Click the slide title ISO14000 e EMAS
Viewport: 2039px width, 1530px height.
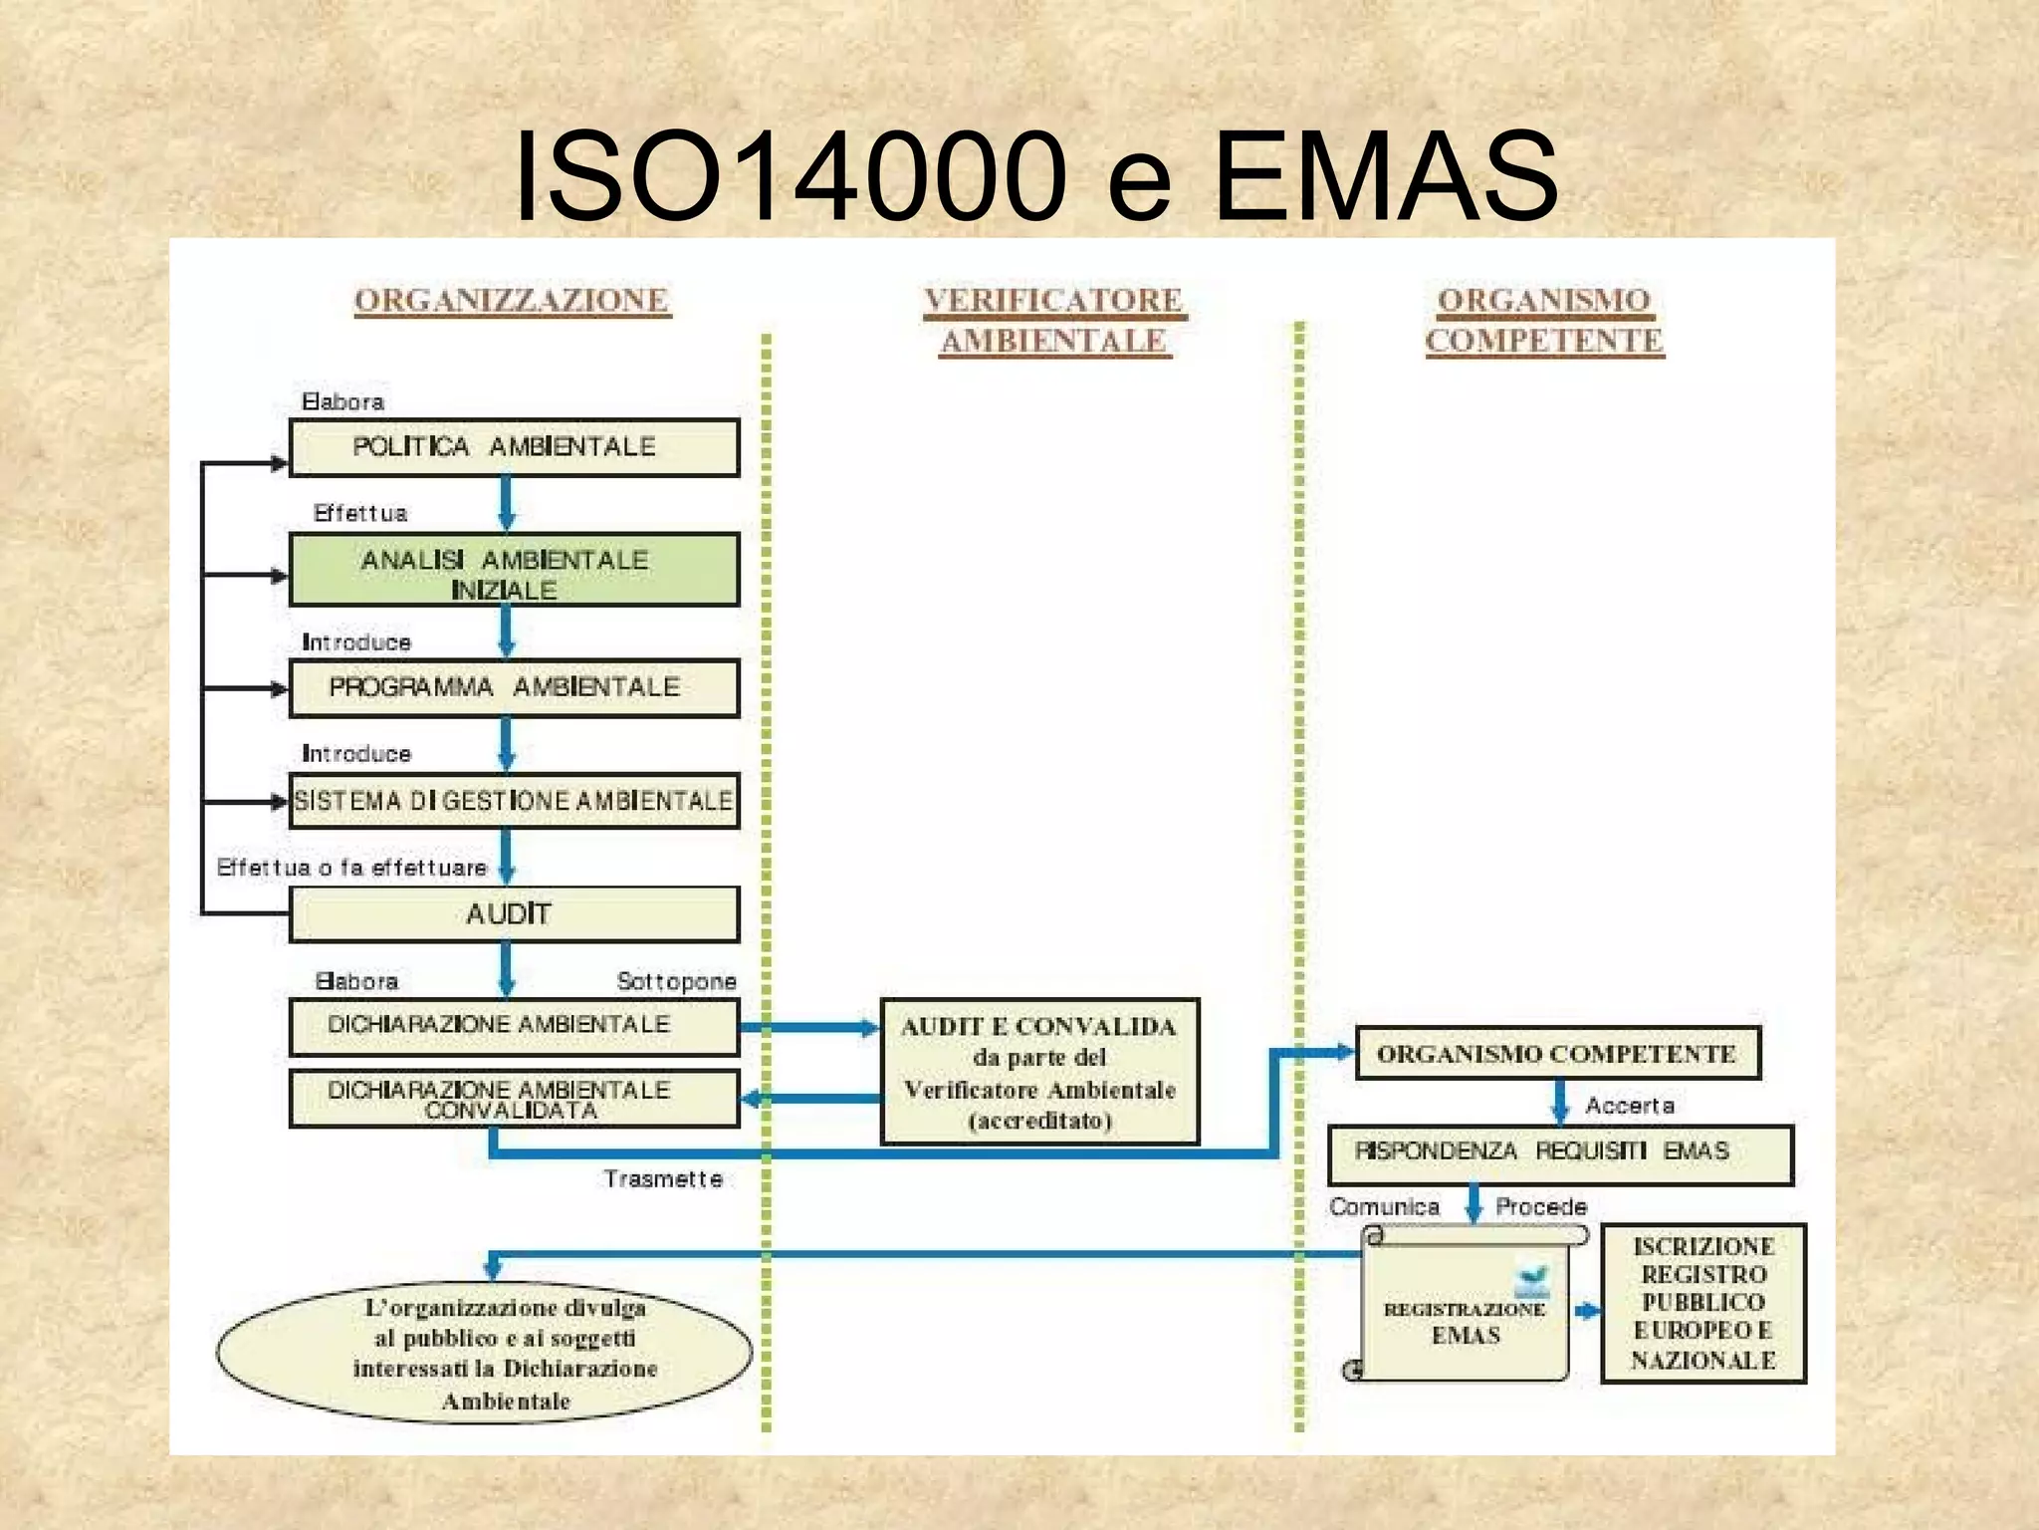(x=1035, y=176)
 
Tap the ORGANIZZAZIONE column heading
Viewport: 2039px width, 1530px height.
(x=512, y=300)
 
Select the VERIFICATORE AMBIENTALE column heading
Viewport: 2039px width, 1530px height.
(x=1053, y=320)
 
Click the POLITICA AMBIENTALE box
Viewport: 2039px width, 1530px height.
(x=514, y=447)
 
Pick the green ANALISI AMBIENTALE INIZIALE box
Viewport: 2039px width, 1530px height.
(x=514, y=571)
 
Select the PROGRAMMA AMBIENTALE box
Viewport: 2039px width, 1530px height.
(x=514, y=688)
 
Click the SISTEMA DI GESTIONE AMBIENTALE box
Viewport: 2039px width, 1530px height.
(x=514, y=802)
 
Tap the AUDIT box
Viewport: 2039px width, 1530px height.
(x=514, y=914)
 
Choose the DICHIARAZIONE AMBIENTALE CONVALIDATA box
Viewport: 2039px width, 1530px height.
(x=514, y=1100)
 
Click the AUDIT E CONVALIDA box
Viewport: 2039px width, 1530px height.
(x=1039, y=1073)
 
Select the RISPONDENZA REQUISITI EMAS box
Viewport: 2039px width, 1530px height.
(x=1560, y=1153)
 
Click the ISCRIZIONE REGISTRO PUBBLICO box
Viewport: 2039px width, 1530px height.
(x=1703, y=1304)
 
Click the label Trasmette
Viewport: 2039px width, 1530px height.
(x=663, y=1179)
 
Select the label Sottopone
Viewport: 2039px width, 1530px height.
(x=676, y=981)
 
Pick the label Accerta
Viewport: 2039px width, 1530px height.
(x=1630, y=1106)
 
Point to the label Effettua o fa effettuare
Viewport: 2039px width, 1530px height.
(x=351, y=868)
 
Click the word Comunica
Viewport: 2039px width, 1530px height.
(x=1384, y=1207)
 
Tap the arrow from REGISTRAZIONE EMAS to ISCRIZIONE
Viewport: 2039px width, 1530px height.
(x=1587, y=1311)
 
